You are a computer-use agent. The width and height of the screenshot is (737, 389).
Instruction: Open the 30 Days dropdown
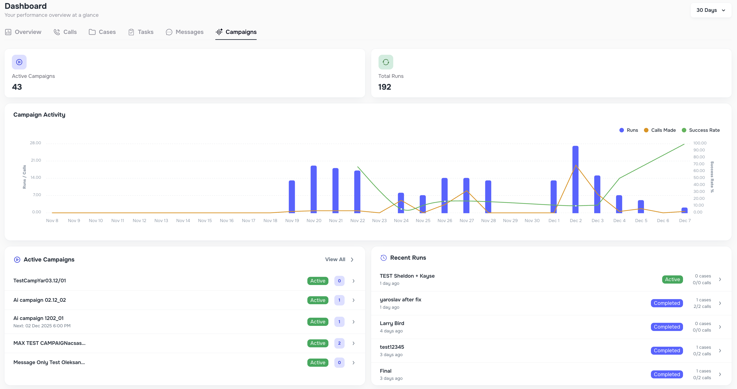click(x=711, y=10)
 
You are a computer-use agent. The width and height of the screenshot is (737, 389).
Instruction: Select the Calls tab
click(x=65, y=32)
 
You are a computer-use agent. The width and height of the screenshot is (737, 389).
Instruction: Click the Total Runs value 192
click(x=384, y=87)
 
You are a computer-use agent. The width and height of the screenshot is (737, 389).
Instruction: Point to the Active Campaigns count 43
click(x=17, y=87)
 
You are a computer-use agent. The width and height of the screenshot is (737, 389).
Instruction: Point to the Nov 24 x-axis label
click(x=401, y=221)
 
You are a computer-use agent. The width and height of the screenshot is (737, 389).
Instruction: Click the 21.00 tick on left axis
click(x=36, y=160)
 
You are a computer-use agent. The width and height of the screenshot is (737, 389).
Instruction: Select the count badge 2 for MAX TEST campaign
click(x=339, y=343)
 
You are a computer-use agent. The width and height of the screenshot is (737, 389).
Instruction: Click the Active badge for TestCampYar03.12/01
click(x=318, y=281)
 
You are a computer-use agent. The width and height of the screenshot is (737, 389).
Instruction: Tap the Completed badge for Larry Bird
click(x=667, y=327)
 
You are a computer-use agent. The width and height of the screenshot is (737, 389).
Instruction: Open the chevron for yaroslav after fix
click(x=720, y=303)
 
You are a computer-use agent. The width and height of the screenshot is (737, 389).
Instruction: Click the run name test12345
click(x=392, y=347)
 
